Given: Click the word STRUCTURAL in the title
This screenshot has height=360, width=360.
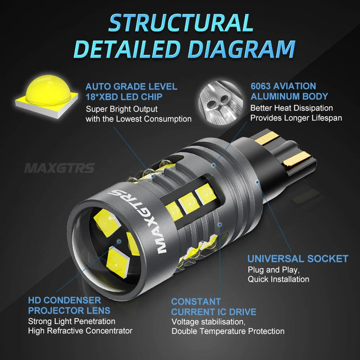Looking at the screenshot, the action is click(x=181, y=23).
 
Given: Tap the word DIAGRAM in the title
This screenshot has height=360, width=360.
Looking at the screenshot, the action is click(x=242, y=49).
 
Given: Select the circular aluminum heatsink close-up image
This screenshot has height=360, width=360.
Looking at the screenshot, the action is click(x=220, y=103).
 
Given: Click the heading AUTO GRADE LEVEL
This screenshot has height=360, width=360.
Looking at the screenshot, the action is click(x=131, y=86).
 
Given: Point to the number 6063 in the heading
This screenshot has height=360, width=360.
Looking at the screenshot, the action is click(x=261, y=86).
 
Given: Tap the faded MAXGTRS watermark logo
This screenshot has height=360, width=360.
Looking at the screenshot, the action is click(x=59, y=168).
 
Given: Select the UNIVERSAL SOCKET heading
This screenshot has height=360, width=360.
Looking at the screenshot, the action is click(x=298, y=259).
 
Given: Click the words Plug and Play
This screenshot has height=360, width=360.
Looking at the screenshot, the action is click(x=274, y=270).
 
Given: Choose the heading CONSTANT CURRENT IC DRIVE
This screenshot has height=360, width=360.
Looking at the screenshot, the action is click(x=213, y=307).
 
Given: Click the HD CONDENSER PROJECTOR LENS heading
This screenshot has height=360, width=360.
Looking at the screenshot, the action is click(x=69, y=306).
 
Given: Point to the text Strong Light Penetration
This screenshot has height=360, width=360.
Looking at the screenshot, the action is click(x=72, y=321).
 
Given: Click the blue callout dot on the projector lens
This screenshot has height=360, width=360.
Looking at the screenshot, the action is click(x=119, y=241).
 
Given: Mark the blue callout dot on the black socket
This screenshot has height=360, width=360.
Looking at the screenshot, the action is click(x=257, y=182).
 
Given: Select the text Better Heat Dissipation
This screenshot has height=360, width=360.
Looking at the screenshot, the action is click(x=292, y=108).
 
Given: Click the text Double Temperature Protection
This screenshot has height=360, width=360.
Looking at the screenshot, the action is click(x=228, y=331).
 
